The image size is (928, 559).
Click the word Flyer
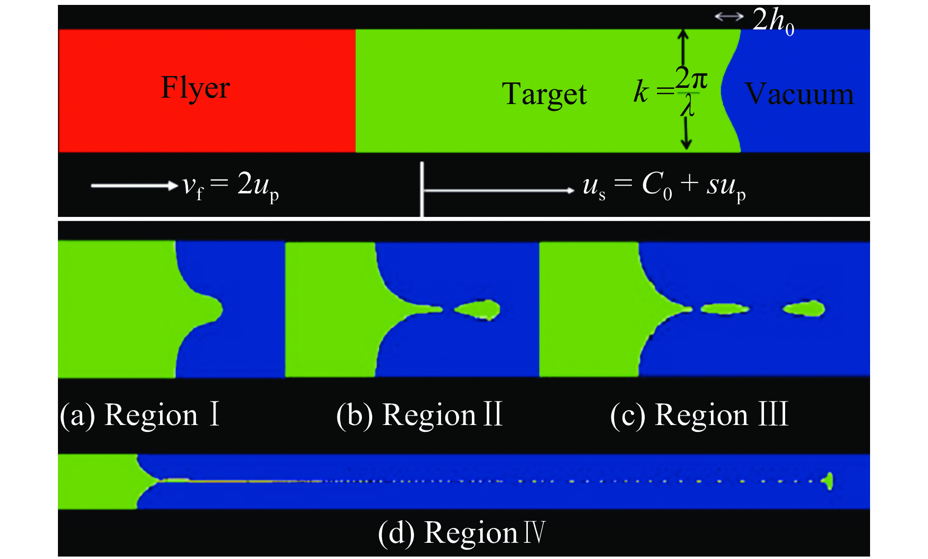click(195, 88)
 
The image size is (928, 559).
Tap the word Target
click(544, 94)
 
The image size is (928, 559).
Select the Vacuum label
click(799, 94)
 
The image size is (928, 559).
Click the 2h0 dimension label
click(773, 21)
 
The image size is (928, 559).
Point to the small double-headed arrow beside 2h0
click(729, 17)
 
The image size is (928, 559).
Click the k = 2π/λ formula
click(671, 91)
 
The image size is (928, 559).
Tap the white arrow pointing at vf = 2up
click(134, 186)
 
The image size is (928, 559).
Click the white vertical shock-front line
click(421, 189)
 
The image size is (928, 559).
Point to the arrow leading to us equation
click(498, 190)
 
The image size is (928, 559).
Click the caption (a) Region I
click(139, 415)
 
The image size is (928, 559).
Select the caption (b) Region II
click(419, 415)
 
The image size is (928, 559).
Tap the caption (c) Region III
click(699, 415)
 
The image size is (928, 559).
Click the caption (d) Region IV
click(462, 532)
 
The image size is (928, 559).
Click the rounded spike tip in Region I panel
click(217, 310)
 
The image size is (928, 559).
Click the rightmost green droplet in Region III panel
click(803, 308)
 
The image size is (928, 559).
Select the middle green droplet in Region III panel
click(724, 309)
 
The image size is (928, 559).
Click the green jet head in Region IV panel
click(828, 481)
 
